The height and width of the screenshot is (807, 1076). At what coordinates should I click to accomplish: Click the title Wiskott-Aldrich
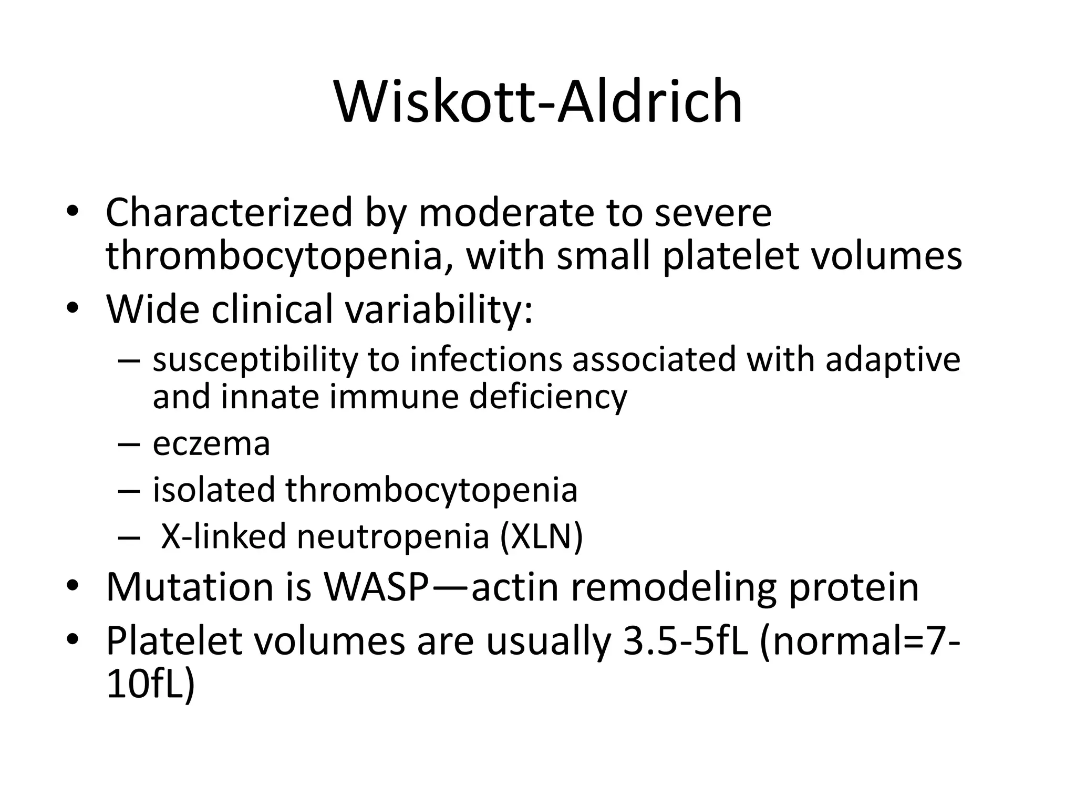point(538,101)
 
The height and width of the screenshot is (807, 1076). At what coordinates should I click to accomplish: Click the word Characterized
point(229,213)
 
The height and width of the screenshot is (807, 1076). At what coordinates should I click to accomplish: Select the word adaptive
point(893,360)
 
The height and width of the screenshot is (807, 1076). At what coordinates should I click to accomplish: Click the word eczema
point(211,444)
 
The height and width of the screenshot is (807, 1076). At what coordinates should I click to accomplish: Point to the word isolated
point(214,490)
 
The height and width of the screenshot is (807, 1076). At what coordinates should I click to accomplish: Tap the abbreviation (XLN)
point(541,536)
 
